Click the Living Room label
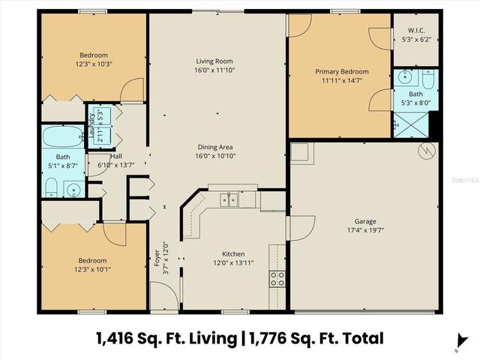click(x=217, y=61)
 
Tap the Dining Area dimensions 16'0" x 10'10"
click(x=217, y=156)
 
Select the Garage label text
click(x=365, y=222)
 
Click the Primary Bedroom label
click(x=339, y=71)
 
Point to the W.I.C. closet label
click(x=415, y=31)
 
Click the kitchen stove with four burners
click(x=277, y=279)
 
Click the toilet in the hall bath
click(x=52, y=187)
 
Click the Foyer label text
click(x=157, y=258)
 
